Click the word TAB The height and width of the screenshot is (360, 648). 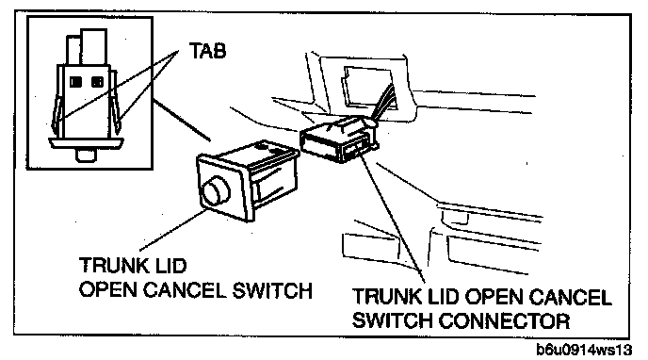click(208, 51)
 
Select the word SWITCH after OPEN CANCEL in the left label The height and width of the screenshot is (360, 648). click(272, 290)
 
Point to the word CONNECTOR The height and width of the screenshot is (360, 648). click(504, 320)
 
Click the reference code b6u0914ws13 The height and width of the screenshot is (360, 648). click(584, 350)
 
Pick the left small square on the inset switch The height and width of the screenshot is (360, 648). click(74, 82)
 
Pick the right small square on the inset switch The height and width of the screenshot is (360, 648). click(98, 82)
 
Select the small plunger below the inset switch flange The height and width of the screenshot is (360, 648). click(86, 155)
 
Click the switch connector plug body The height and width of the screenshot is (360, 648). click(337, 139)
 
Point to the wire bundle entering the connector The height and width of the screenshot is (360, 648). click(381, 104)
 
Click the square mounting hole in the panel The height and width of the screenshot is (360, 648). click(368, 89)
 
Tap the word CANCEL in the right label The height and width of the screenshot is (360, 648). click(571, 297)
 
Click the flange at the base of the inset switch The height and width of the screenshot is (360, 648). click(86, 143)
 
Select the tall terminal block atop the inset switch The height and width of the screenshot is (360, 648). click(94, 46)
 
